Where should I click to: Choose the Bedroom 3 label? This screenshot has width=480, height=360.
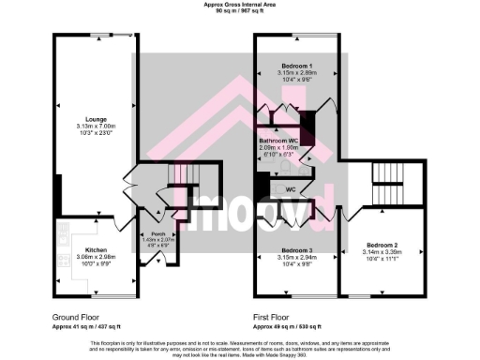click(295, 249)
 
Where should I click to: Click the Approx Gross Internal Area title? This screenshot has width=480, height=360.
click(239, 4)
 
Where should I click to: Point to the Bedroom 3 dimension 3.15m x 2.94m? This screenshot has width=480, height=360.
click(295, 256)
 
